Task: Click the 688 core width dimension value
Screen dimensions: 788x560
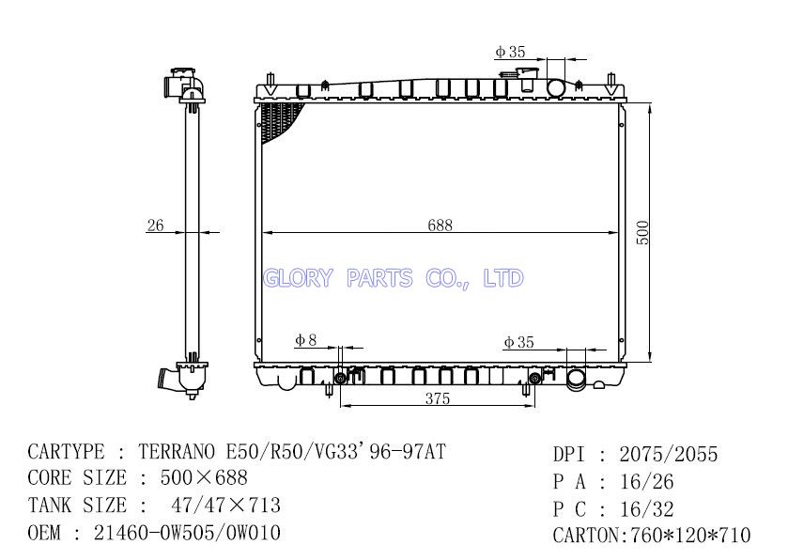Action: (x=440, y=226)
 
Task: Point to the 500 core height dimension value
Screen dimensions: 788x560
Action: (x=642, y=233)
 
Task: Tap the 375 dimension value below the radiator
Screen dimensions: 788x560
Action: (x=438, y=398)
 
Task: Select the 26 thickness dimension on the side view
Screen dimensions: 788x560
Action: (x=155, y=225)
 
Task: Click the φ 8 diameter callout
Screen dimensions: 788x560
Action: (x=305, y=340)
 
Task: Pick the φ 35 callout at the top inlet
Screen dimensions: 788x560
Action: (x=510, y=52)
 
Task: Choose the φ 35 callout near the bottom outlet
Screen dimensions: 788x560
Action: (x=518, y=342)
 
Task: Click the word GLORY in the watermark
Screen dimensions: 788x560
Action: (x=298, y=278)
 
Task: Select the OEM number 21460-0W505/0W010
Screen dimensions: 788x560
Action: (x=187, y=533)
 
